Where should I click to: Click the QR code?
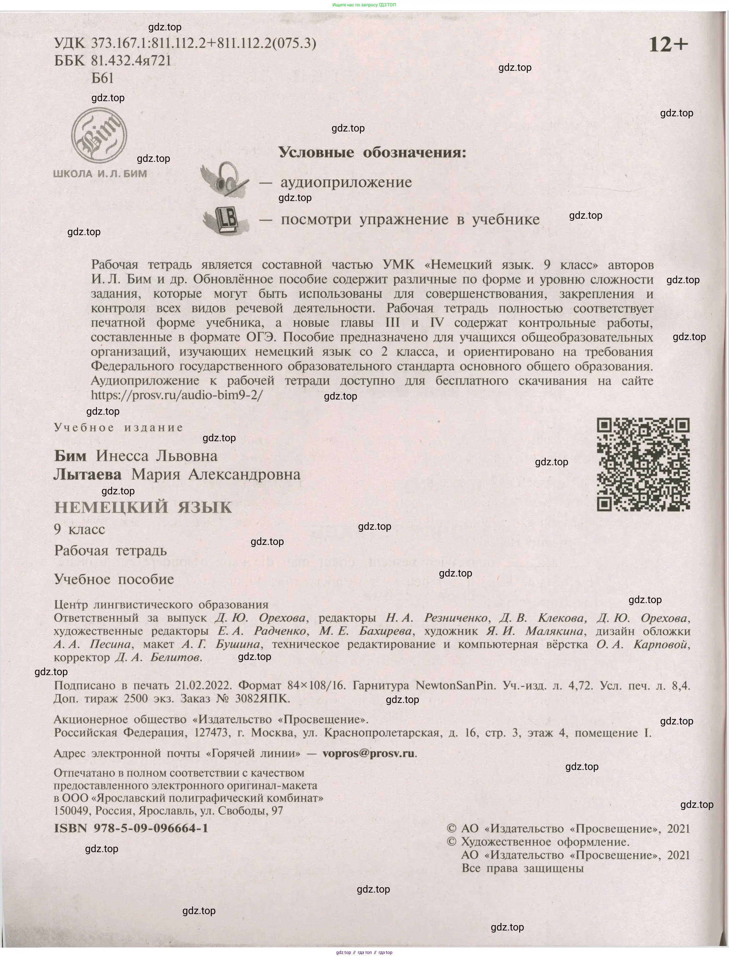pyautogui.click(x=643, y=464)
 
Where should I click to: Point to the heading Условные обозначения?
pyautogui.click(x=372, y=152)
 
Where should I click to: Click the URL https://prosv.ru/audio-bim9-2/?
pyautogui.click(x=177, y=395)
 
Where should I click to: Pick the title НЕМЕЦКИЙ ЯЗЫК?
pyautogui.click(x=143, y=507)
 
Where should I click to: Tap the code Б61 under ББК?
pyautogui.click(x=102, y=78)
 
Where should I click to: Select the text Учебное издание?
pyautogui.click(x=118, y=428)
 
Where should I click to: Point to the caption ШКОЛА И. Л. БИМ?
pyautogui.click(x=100, y=174)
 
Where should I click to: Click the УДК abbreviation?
pyautogui.click(x=70, y=43)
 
